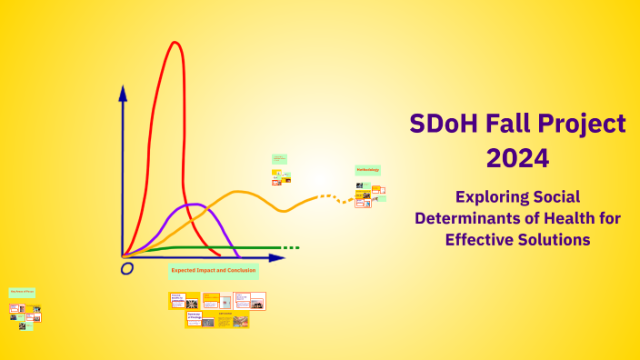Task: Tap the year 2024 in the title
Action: click(517, 158)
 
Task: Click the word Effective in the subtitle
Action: click(478, 239)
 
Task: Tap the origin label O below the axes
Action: click(127, 268)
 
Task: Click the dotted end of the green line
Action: click(289, 247)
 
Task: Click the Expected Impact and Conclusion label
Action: click(214, 271)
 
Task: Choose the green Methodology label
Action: click(367, 170)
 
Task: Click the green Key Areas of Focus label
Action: click(22, 292)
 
